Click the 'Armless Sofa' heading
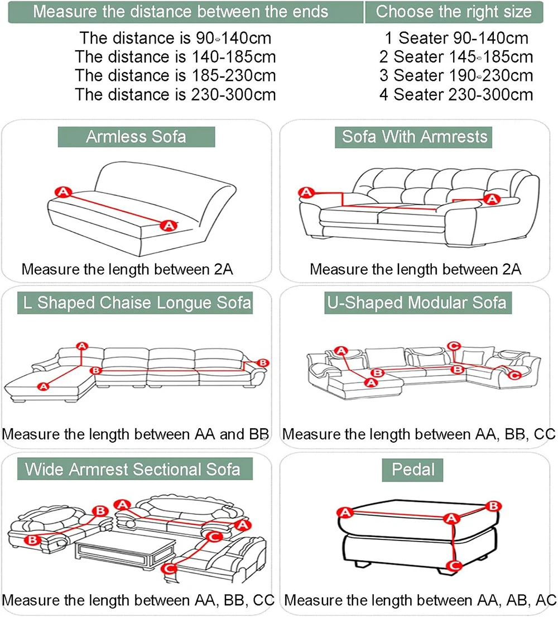pyautogui.click(x=136, y=137)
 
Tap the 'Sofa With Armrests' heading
pyautogui.click(x=415, y=137)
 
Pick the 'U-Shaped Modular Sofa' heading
pyautogui.click(x=415, y=303)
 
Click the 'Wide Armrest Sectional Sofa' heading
pyautogui.click(x=133, y=469)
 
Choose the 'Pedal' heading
pyautogui.click(x=413, y=470)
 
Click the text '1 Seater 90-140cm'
pyautogui.click(x=455, y=39)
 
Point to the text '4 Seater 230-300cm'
pyautogui.click(x=456, y=94)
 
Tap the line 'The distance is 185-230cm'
pyautogui.click(x=175, y=75)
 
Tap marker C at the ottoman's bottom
pyautogui.click(x=454, y=566)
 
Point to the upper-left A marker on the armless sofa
pyautogui.click(x=63, y=192)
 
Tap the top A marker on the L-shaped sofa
pyautogui.click(x=83, y=346)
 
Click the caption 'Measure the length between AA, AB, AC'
pyautogui.click(x=420, y=601)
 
